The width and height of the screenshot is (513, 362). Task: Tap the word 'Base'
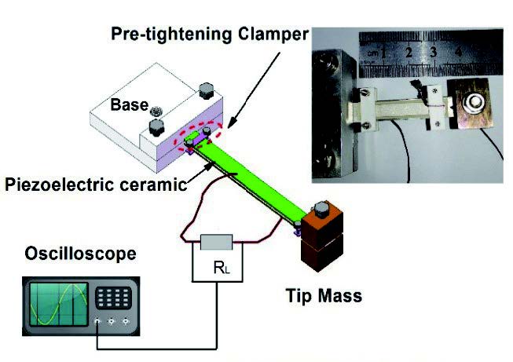coord(125,104)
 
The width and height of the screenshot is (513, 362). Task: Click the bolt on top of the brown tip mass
coord(320,210)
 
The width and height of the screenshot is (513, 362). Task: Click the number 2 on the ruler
coord(409,54)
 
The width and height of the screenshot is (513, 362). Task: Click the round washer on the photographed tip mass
coord(473,101)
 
